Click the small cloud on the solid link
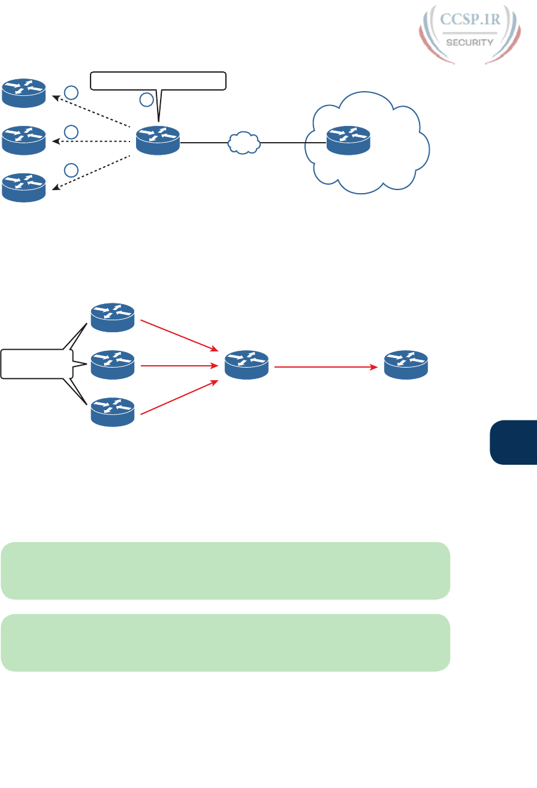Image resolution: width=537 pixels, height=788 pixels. click(x=244, y=143)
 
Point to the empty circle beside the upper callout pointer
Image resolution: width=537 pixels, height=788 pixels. click(x=147, y=100)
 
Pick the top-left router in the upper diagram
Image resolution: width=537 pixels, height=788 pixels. click(x=23, y=91)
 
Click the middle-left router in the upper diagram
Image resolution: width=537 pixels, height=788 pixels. click(x=23, y=140)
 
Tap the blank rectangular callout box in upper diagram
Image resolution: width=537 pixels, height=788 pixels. click(x=158, y=80)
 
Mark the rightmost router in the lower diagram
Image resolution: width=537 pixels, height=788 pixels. click(x=406, y=364)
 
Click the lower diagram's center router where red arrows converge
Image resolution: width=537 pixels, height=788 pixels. click(x=247, y=364)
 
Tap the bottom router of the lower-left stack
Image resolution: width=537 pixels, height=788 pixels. click(x=113, y=412)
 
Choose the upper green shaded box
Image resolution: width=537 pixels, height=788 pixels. click(x=225, y=570)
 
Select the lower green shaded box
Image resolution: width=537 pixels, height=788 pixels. click(x=225, y=642)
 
